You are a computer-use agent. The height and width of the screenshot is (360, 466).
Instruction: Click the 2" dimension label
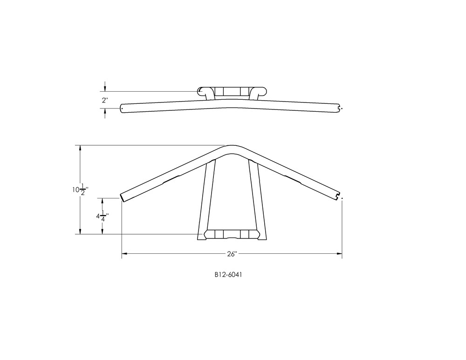coord(105,100)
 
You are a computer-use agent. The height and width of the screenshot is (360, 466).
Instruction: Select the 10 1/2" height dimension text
coord(80,190)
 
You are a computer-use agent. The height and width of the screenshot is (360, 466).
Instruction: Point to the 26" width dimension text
coord(232,254)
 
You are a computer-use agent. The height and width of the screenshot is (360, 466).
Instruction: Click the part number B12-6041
coord(228,275)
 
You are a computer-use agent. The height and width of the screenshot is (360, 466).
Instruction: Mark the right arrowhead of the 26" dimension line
coord(339,254)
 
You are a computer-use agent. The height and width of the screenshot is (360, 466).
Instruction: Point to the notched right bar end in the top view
coord(339,108)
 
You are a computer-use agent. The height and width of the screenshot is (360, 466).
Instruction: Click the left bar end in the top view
coord(122,108)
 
